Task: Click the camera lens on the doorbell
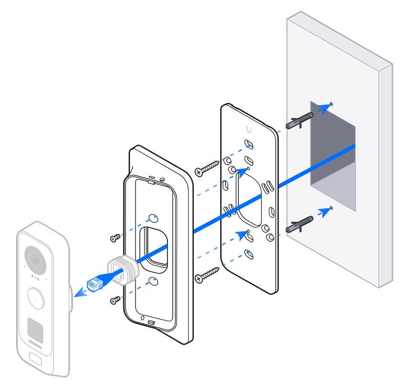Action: coord(33,259)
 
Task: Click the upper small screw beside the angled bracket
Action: coord(115,238)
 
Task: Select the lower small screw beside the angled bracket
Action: coord(115,300)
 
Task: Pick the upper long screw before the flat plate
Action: coord(206,168)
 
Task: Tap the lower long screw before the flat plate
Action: coord(206,274)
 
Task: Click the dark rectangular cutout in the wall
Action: coord(332,144)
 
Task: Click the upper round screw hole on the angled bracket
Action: coord(153,218)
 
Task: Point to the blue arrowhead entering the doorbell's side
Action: coord(79,293)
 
